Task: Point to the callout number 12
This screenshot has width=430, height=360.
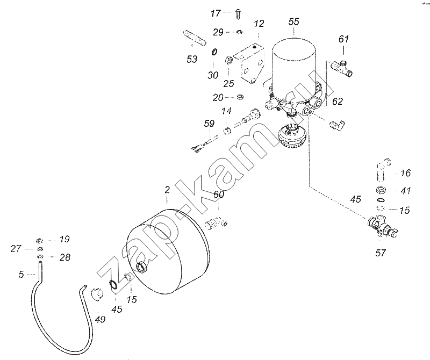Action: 259,24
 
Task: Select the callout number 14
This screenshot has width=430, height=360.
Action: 227,111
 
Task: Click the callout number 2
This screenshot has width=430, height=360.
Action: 167,190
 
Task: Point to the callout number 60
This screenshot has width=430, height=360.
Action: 219,195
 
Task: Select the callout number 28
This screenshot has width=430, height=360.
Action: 65,257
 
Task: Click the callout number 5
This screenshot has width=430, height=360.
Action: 21,274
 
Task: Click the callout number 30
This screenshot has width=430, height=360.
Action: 213,75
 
